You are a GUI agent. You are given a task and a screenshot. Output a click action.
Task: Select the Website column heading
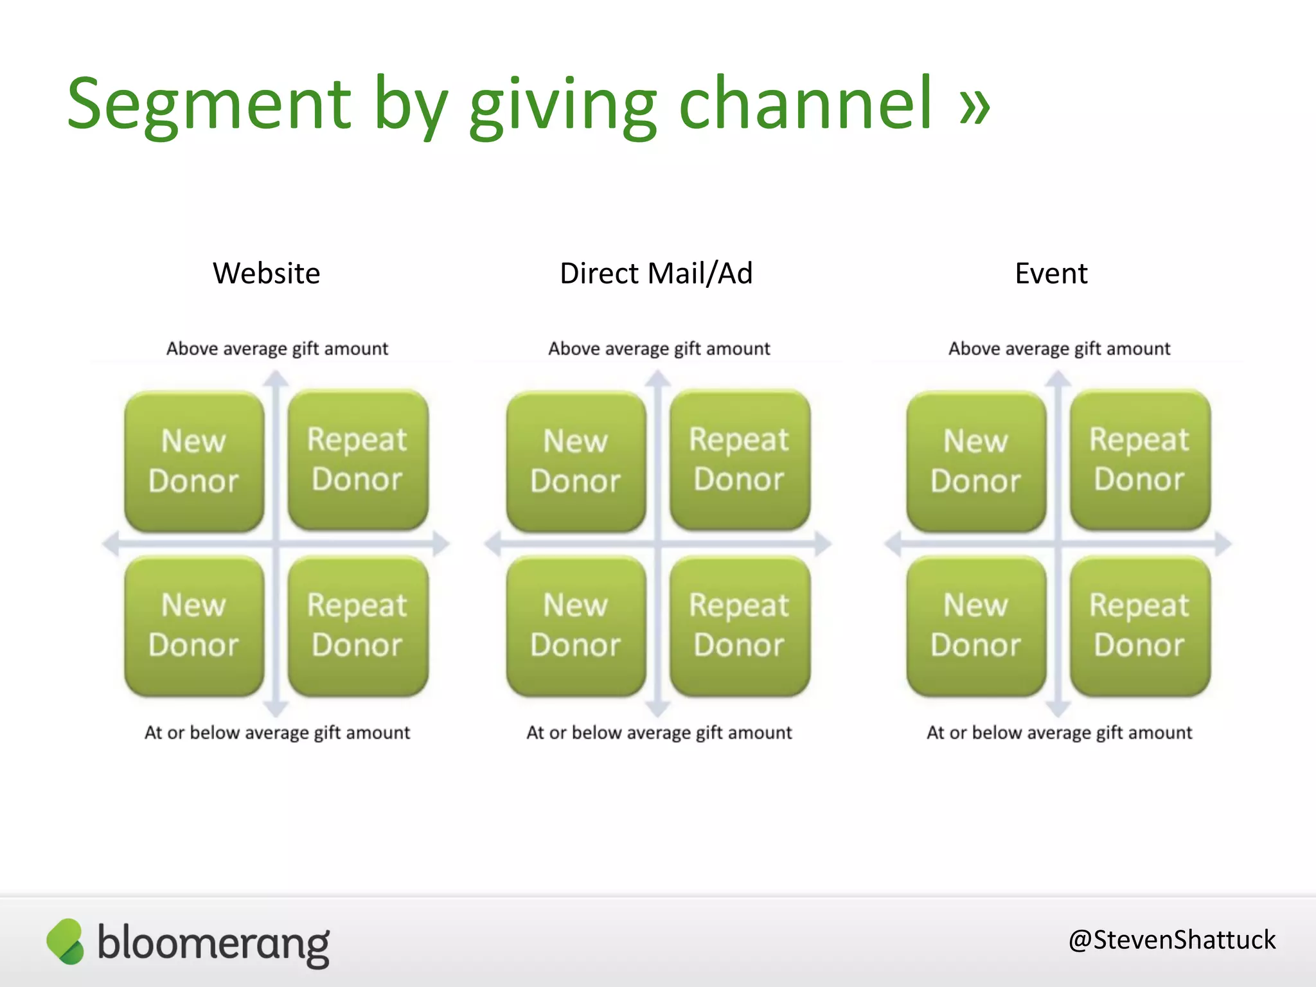266,274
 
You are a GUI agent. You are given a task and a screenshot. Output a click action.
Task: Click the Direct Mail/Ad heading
656,274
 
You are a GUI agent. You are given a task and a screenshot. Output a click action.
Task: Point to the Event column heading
1051,274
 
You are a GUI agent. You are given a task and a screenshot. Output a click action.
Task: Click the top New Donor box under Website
194,461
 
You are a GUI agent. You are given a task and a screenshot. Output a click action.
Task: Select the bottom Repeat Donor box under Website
358,626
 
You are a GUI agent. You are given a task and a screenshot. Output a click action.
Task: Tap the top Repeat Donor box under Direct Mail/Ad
740,460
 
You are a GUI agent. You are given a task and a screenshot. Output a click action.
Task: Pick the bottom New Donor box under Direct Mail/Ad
576,626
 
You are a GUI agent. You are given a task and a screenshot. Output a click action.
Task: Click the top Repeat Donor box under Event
1140,460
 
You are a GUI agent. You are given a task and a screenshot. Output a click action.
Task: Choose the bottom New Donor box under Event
976,626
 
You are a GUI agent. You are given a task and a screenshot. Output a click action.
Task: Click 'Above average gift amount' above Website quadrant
277,349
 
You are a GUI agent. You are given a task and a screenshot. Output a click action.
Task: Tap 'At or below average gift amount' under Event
1059,733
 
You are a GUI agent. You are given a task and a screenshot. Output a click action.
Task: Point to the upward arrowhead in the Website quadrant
276,379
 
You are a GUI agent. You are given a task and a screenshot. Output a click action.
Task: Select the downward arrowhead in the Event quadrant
1058,709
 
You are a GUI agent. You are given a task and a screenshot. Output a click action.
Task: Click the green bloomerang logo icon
66,941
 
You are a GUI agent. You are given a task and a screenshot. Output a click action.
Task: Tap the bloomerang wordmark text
213,943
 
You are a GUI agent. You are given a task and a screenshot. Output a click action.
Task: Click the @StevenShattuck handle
1171,940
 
